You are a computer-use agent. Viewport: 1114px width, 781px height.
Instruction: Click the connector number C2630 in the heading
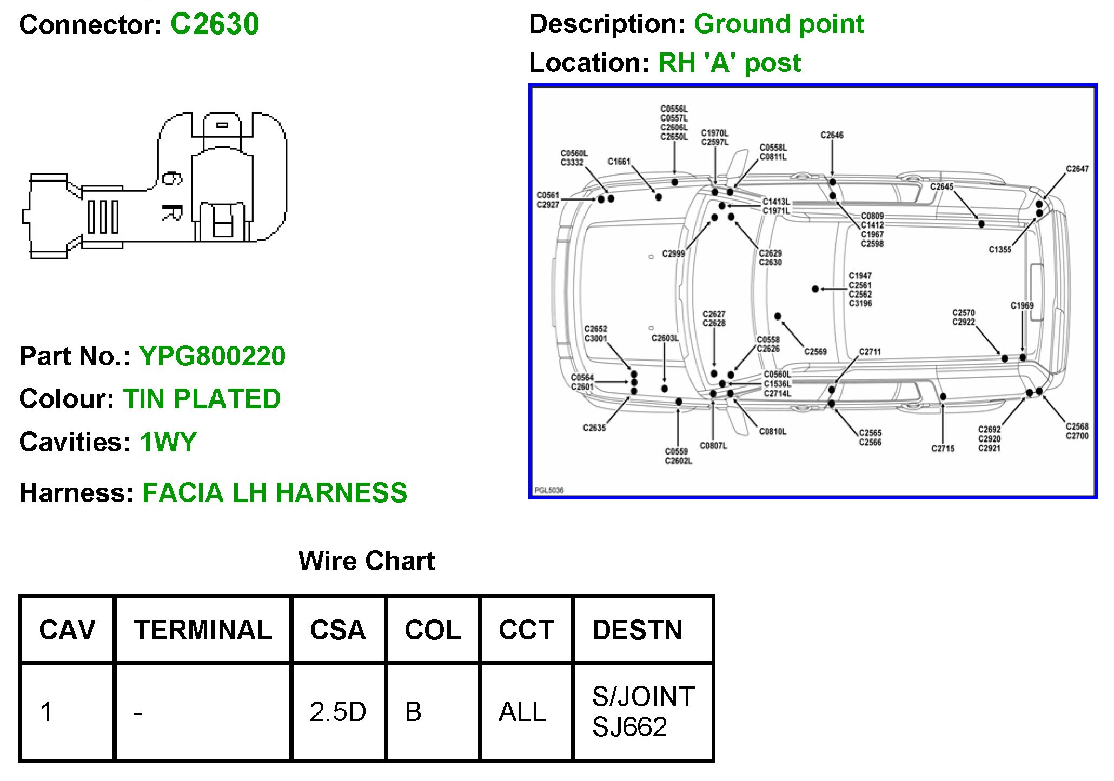(x=215, y=24)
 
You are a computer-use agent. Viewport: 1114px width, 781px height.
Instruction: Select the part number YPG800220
(x=212, y=356)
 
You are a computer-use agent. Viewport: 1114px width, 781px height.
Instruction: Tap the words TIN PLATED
(x=202, y=399)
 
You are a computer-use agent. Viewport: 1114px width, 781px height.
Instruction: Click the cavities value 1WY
(x=168, y=442)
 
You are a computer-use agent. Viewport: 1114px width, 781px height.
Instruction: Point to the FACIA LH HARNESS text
(x=275, y=493)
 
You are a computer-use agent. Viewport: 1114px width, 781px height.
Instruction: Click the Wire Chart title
(x=366, y=561)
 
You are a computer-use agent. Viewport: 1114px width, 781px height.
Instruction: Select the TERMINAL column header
(x=203, y=630)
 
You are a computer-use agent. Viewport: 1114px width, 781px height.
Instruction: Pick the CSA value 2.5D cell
(x=337, y=712)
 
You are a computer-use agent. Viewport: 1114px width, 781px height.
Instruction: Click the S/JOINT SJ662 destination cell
(x=642, y=711)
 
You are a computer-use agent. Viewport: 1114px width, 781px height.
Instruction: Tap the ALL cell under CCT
(x=522, y=712)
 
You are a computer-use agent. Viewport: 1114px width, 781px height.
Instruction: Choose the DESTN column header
(x=637, y=630)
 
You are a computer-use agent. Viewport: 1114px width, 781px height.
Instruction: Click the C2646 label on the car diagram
(x=832, y=135)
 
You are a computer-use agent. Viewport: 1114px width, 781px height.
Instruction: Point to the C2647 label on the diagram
(x=1077, y=169)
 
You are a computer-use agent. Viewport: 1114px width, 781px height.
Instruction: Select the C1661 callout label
(x=619, y=162)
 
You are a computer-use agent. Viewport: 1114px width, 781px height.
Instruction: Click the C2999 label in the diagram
(x=673, y=253)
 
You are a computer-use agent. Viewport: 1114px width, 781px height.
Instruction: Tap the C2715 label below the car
(x=943, y=449)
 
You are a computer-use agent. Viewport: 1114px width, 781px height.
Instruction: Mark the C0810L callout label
(x=773, y=431)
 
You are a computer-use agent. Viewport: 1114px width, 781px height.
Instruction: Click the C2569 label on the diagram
(x=815, y=352)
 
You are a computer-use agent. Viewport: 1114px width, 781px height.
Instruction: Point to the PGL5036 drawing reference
(x=549, y=490)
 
